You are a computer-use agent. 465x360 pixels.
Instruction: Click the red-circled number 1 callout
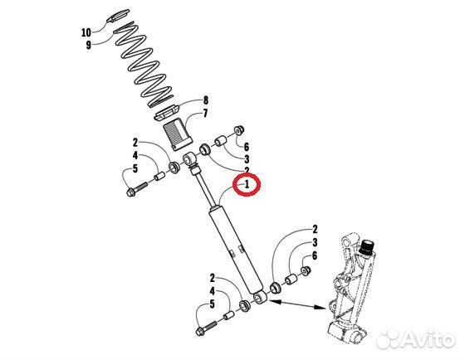[x=247, y=185]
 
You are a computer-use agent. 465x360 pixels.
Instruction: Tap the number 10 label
[x=86, y=32]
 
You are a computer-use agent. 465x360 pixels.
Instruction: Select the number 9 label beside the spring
[x=89, y=45]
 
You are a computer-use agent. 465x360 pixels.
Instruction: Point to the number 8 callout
[x=205, y=100]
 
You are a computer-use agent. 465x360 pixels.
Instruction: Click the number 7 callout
[x=205, y=113]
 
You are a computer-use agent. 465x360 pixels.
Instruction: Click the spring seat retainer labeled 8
[x=167, y=113]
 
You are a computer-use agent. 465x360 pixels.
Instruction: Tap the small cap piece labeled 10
[x=118, y=16]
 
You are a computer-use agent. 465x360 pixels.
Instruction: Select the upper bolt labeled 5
[x=137, y=189]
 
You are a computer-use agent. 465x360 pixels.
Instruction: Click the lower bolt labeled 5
[x=207, y=328]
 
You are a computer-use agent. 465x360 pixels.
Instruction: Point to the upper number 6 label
[x=246, y=147]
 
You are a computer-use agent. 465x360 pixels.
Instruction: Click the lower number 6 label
[x=315, y=255]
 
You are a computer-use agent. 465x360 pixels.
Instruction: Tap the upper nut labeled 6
[x=239, y=130]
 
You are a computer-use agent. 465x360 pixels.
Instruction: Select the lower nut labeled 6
[x=306, y=270]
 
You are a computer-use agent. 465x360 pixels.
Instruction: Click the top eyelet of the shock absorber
[x=188, y=159]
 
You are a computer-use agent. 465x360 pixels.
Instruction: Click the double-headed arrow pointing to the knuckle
[x=297, y=305]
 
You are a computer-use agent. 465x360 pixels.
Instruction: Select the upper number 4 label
[x=135, y=155]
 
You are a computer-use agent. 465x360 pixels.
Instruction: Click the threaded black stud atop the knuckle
[x=367, y=246]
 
